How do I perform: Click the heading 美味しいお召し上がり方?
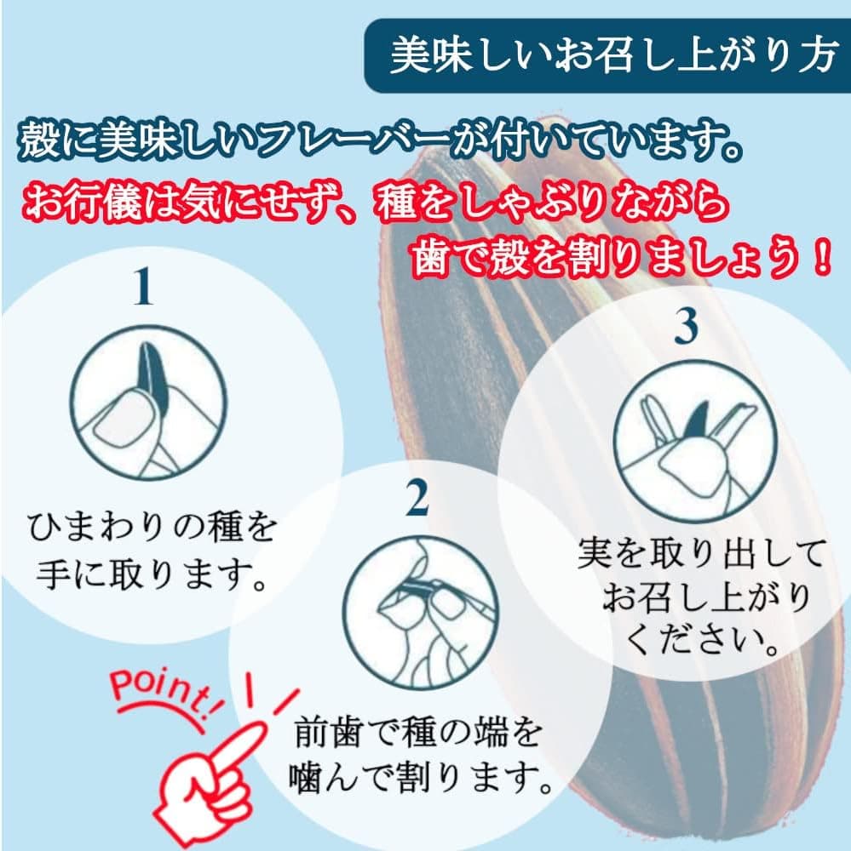614,55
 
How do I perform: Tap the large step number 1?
142,286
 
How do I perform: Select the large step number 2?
417,498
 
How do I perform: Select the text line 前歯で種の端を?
417,732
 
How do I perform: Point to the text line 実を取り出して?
701,553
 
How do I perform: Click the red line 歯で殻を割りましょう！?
622,257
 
